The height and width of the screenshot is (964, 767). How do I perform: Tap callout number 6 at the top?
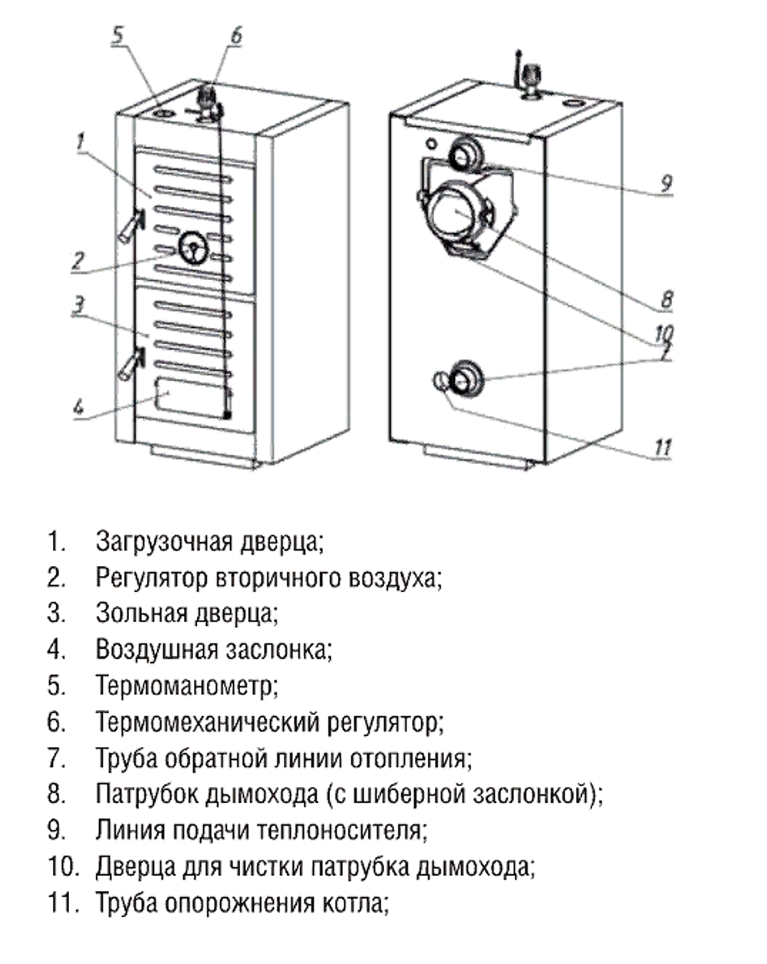[x=235, y=35]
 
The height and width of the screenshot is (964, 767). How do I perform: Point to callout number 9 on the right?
[x=666, y=183]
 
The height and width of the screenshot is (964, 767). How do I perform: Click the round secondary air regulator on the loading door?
[x=192, y=247]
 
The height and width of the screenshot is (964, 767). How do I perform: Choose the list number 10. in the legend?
[x=63, y=867]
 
